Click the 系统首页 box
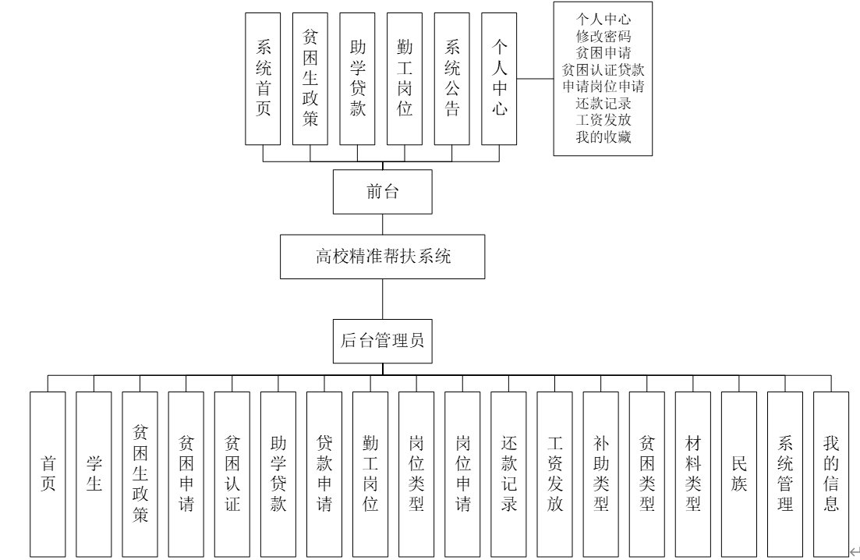click(264, 78)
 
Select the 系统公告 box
click(452, 78)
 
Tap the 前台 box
click(382, 192)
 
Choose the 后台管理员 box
click(382, 340)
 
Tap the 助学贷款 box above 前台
click(358, 78)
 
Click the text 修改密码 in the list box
click(603, 36)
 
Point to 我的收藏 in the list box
click(603, 139)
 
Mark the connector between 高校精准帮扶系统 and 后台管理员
click(382, 299)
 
